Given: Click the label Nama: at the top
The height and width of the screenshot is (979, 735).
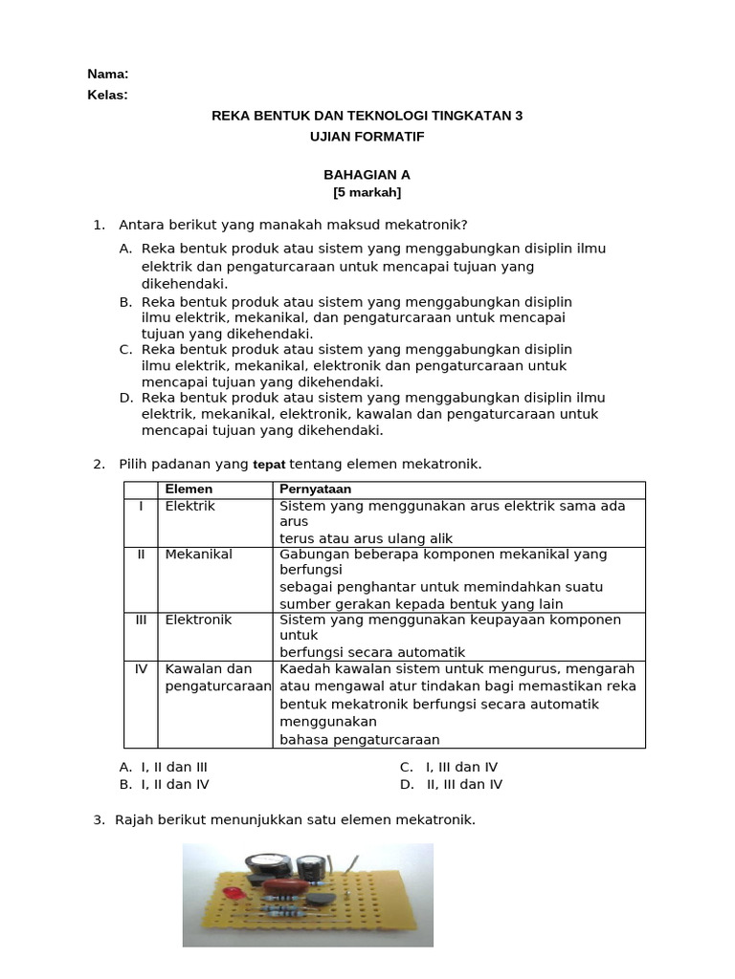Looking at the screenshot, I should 107,74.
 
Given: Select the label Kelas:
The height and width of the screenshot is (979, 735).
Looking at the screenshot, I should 107,95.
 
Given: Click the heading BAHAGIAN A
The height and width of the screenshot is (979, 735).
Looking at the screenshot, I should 367,175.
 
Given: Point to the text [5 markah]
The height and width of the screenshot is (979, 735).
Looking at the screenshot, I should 367,192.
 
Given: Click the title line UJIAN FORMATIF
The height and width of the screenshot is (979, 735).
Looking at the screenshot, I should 367,137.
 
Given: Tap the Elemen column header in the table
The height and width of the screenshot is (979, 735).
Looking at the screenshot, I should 189,489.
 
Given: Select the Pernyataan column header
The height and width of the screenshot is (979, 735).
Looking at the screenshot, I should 315,489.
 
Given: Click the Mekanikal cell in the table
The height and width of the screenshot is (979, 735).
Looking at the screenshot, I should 198,555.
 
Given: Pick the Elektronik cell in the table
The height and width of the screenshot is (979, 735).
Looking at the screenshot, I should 198,620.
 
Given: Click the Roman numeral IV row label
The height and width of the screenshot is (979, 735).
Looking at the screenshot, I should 141,669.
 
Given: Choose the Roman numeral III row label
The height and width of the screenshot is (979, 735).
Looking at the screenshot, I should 141,620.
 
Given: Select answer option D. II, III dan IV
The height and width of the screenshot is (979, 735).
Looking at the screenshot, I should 451,784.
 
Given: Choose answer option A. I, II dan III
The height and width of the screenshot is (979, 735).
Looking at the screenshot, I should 163,767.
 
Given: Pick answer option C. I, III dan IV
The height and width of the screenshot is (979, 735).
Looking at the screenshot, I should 449,767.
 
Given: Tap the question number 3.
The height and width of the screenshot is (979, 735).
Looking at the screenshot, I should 98,819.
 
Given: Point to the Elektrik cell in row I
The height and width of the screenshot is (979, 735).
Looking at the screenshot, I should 189,506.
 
